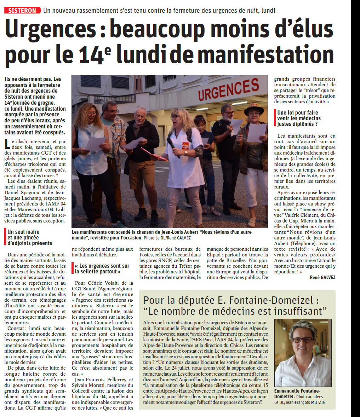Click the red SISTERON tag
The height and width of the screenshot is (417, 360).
[22, 10]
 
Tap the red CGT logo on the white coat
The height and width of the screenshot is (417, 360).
[185, 146]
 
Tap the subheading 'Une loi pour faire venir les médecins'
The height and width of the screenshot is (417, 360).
[299, 118]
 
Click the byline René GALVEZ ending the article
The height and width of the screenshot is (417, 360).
[322, 278]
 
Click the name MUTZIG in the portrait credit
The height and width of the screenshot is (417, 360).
[317, 402]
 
